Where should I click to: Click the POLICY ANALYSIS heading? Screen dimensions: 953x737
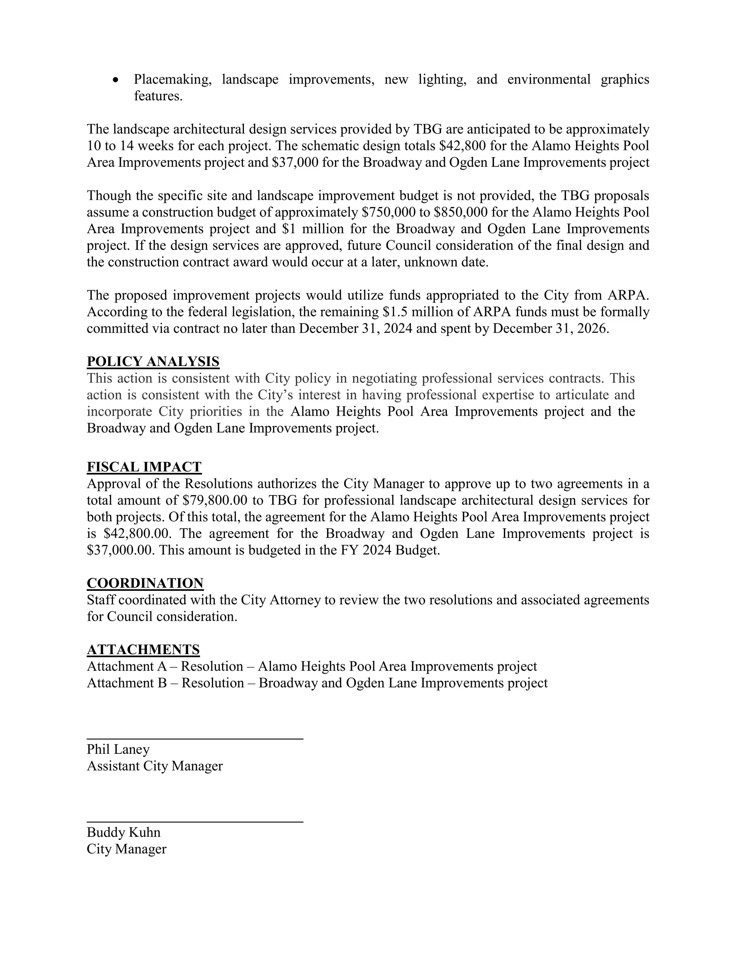pos(153,362)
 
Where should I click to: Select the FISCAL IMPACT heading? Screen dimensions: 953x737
pos(144,467)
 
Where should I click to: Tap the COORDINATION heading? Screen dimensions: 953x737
pos(145,583)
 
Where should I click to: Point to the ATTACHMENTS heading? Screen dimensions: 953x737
pos(143,650)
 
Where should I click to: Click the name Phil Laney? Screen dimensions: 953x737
pos(118,749)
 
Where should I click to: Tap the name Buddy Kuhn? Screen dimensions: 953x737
pos(123,832)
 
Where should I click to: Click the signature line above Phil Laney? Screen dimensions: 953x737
pos(195,739)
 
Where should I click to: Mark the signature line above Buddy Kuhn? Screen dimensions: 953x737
pos(195,822)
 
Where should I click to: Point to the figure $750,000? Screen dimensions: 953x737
pos(389,213)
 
